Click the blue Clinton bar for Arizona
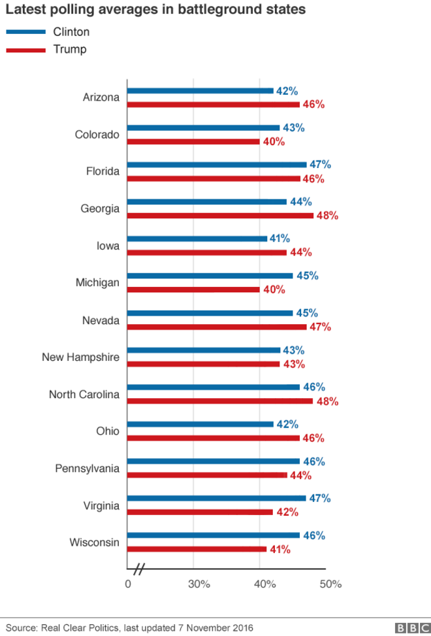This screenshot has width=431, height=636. click(200, 91)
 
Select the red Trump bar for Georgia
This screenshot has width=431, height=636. click(220, 215)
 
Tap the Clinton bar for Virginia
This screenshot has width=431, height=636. click(216, 498)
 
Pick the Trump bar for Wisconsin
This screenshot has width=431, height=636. click(197, 549)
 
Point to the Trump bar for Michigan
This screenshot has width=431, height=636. click(193, 290)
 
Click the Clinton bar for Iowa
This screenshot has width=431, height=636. click(197, 239)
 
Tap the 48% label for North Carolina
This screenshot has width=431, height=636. click(326, 401)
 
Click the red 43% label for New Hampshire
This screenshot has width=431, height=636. click(293, 364)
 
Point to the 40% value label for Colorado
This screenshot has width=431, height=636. click(273, 141)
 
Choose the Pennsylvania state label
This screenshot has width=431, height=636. click(88, 469)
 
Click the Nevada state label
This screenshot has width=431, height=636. click(101, 320)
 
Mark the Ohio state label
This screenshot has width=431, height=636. click(108, 431)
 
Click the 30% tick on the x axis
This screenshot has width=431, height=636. click(199, 584)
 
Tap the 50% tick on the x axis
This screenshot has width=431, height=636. click(330, 584)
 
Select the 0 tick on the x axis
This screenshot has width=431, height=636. click(127, 584)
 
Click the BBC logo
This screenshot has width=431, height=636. click(410, 628)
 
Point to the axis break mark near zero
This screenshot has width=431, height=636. click(138, 569)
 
